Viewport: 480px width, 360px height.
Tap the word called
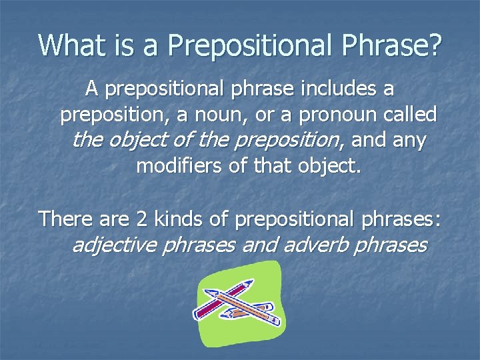[411, 115]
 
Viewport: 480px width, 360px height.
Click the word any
[409, 141]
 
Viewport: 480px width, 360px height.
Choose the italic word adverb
[316, 245]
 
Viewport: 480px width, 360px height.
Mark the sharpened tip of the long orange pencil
[207, 292]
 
